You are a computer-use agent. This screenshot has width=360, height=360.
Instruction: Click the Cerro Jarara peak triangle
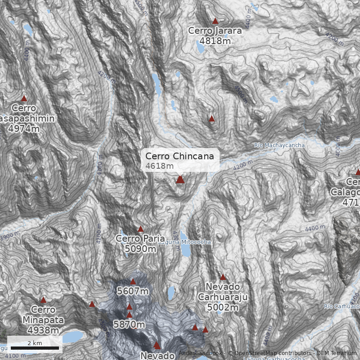215,21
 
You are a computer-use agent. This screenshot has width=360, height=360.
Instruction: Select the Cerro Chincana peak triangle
180,180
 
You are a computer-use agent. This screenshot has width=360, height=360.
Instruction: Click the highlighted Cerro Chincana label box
182,160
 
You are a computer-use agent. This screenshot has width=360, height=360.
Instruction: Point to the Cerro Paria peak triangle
140,229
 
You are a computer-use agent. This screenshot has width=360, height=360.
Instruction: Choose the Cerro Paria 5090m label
137,243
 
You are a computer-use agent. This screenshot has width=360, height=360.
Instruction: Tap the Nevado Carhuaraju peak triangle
223,277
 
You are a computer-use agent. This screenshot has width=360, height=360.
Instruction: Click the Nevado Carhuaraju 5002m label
224,297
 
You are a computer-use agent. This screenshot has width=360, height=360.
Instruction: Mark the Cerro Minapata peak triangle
43,300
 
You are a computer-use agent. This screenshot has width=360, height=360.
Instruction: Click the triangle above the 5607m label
133,281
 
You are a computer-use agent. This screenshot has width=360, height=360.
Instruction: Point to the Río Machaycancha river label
279,145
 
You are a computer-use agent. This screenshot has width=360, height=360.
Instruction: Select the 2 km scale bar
35,348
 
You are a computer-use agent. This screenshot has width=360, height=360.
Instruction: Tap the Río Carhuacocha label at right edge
342,306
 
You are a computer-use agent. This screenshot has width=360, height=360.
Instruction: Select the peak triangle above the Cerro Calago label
358,172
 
